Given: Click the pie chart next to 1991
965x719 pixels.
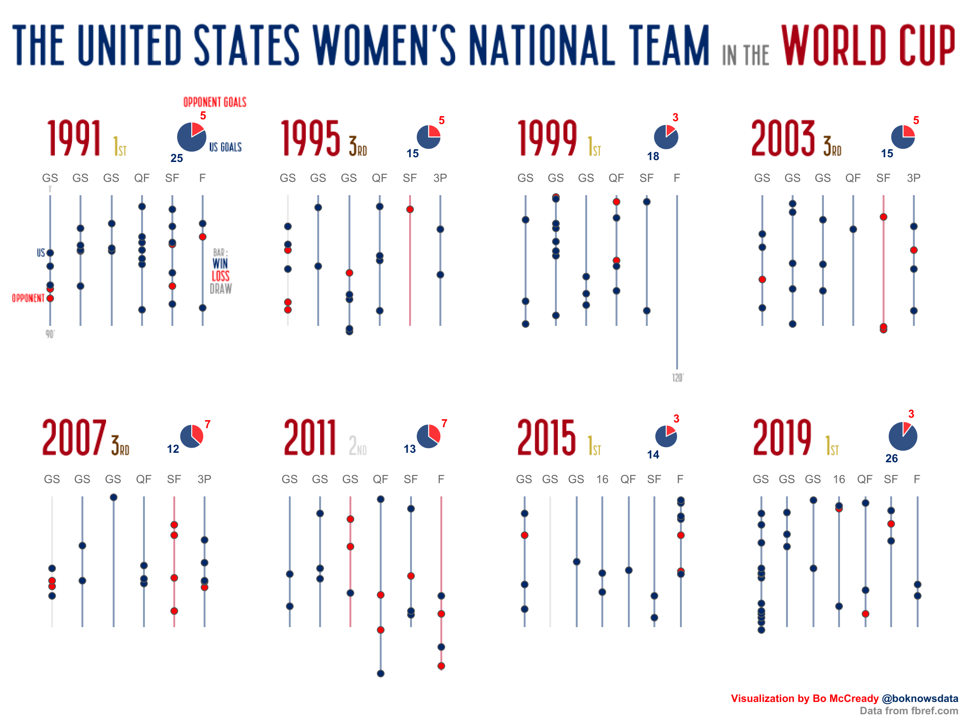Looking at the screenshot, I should (x=191, y=137).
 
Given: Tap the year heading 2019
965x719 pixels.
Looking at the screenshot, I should (x=782, y=437).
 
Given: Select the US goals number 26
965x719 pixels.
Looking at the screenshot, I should (x=892, y=458).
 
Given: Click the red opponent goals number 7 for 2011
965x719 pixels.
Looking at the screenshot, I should (x=444, y=423).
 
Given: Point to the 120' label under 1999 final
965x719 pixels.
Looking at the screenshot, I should (x=678, y=377).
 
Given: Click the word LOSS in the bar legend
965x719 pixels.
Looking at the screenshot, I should (x=220, y=276).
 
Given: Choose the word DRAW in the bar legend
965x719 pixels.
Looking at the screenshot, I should (x=221, y=288).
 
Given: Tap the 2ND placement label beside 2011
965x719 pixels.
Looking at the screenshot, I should (x=357, y=446).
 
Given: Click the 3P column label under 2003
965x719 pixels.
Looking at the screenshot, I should (x=913, y=178).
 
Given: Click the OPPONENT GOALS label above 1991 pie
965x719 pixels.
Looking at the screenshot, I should (x=214, y=102).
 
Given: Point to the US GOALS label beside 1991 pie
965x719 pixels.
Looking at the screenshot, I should (x=225, y=147).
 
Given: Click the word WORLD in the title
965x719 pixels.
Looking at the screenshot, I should (x=833, y=45).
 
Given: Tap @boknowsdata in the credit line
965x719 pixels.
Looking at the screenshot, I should (x=920, y=698).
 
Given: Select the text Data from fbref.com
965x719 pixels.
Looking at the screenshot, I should (x=909, y=710).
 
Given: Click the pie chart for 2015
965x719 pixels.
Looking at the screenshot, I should (x=666, y=436).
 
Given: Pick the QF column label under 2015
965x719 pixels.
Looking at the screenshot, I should (x=628, y=479).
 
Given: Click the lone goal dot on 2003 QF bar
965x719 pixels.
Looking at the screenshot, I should (x=853, y=229).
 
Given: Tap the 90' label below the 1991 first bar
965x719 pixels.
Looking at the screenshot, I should (x=50, y=334).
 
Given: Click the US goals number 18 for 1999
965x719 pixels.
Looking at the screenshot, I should (x=653, y=156).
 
